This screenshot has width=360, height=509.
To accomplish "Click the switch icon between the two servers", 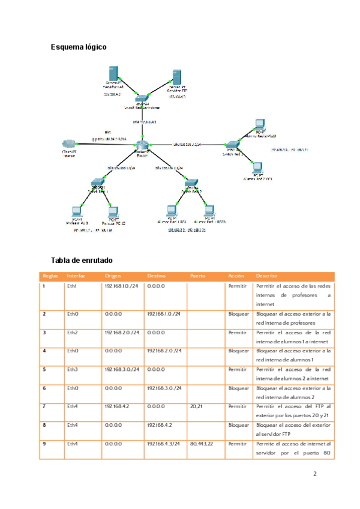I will coord(142,99).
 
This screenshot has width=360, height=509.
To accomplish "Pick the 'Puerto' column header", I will coord(198,276).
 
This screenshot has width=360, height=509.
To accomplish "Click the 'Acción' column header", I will coord(236,276).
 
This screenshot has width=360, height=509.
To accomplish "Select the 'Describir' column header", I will coord(266,276).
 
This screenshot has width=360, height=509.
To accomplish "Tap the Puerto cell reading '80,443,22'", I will coord(201,444).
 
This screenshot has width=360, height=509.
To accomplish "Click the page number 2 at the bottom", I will coord(315,474).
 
